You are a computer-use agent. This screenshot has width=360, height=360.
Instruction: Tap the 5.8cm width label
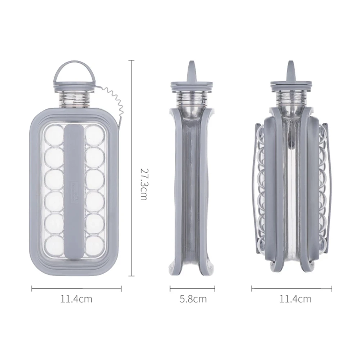(x=193, y=299)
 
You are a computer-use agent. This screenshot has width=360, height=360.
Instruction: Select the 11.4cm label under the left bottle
(x=76, y=299)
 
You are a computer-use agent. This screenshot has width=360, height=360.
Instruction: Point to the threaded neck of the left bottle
(x=75, y=98)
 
